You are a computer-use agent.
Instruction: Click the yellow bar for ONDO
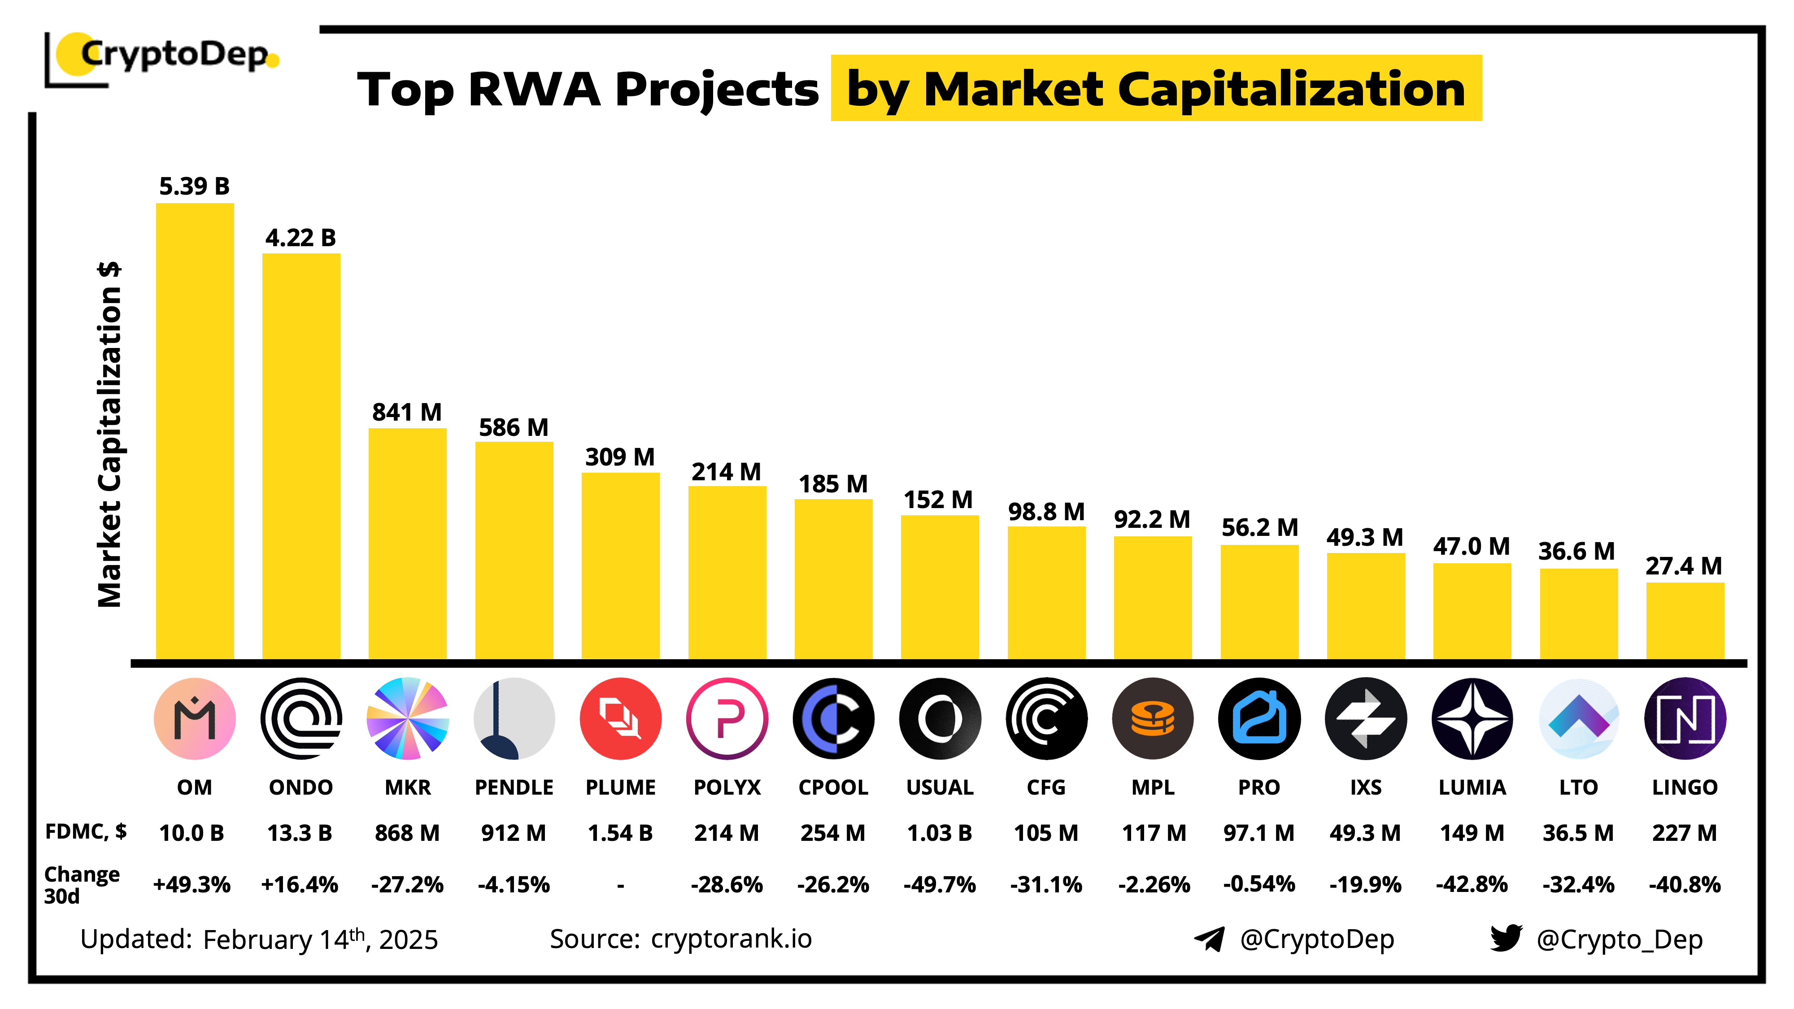point(301,456)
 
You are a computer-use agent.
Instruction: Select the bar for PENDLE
point(514,550)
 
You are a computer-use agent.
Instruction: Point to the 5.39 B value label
point(194,187)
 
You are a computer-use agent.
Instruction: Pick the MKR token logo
point(407,718)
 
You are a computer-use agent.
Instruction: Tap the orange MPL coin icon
point(1153,718)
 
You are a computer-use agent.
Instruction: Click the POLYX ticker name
point(727,787)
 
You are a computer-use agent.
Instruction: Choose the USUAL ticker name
point(940,787)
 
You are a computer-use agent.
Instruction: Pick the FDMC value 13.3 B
point(300,833)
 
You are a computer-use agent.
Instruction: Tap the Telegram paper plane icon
point(1210,939)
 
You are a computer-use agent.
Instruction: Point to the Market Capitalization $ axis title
point(110,435)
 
